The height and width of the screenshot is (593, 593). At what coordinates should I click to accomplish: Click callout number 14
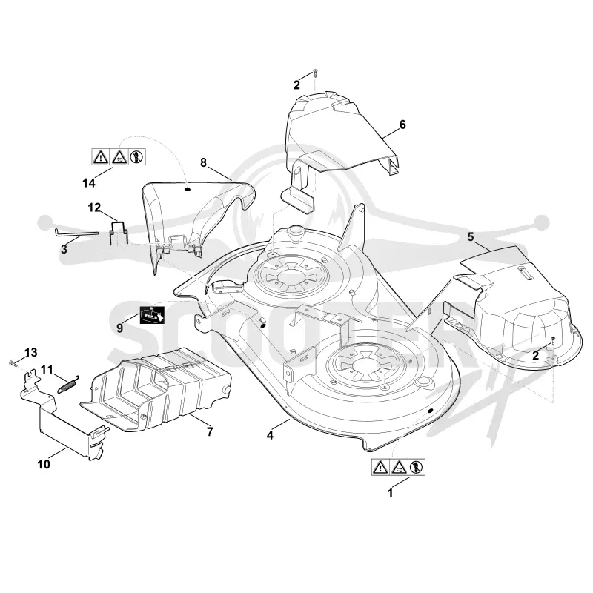[x=89, y=183]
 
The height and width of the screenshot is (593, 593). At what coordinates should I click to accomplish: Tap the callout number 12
[x=95, y=208]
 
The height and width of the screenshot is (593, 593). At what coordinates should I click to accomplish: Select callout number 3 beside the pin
[x=64, y=249]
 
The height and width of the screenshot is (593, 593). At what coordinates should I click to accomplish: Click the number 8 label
[x=203, y=162]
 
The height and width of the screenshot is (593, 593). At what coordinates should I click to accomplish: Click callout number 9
[x=120, y=328]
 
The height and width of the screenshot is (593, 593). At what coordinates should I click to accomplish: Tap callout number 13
[x=30, y=353]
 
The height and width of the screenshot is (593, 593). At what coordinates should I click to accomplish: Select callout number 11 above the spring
[x=47, y=369]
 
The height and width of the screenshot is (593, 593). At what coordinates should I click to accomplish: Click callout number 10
[x=44, y=464]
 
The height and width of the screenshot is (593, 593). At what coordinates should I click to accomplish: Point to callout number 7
[x=210, y=431]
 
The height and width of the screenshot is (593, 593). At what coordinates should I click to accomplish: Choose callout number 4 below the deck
[x=270, y=435]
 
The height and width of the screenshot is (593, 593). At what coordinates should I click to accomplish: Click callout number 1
[x=391, y=493]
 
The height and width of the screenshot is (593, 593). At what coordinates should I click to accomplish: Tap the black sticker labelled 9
[x=152, y=314]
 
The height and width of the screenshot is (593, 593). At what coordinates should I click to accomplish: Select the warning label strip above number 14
[x=119, y=156]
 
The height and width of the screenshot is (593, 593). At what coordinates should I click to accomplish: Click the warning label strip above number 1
[x=398, y=467]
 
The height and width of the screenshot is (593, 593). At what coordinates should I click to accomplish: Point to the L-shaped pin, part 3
[x=76, y=232]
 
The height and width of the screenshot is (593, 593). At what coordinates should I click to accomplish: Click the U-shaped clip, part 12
[x=119, y=232]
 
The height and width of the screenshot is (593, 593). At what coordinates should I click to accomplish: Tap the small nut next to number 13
[x=12, y=364]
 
